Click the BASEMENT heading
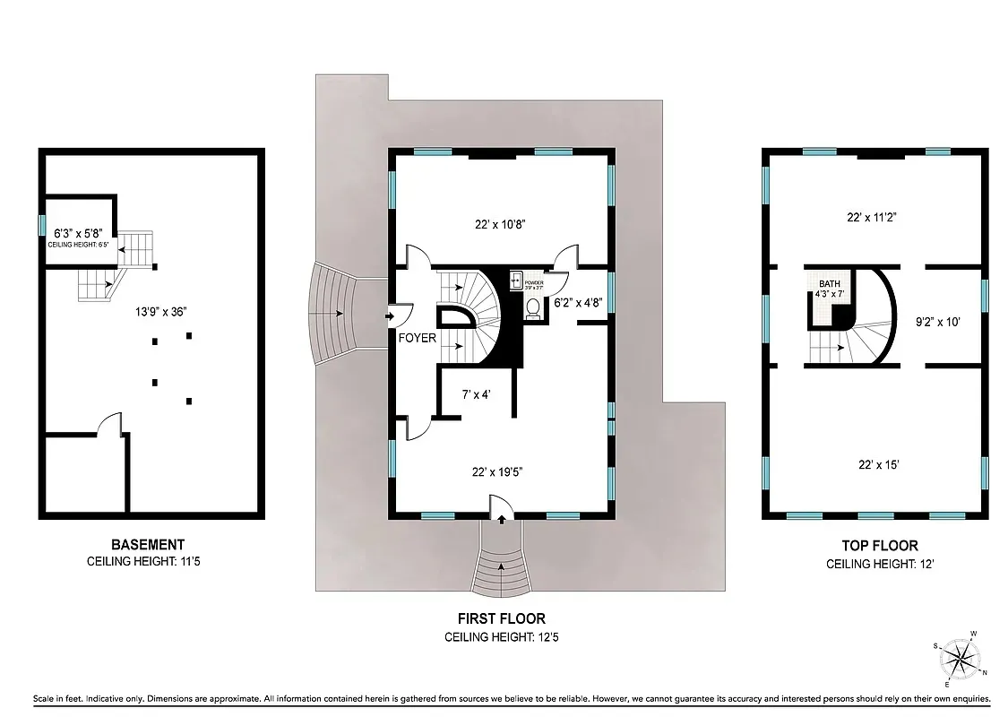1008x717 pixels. (x=148, y=544)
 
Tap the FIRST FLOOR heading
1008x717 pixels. (x=501, y=618)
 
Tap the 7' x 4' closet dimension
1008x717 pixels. (x=477, y=393)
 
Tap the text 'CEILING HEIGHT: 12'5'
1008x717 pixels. (x=501, y=638)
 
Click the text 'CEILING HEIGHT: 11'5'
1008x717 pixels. (x=148, y=563)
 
